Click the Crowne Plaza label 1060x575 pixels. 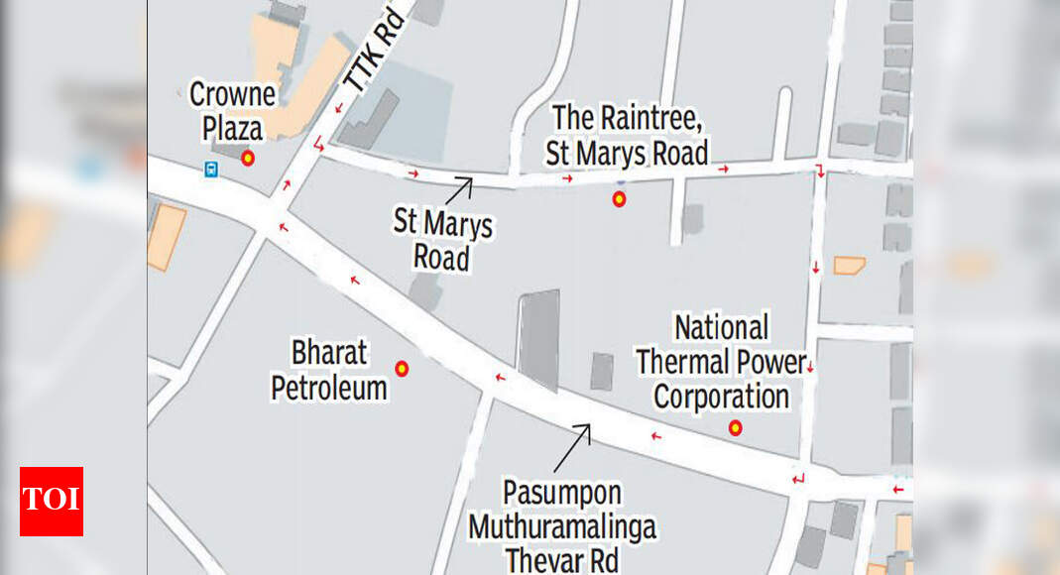point(233,111)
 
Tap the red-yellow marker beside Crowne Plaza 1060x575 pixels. point(248,157)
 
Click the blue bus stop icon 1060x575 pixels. point(211,170)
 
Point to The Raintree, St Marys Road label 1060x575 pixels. point(628,135)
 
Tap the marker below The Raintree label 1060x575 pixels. point(620,199)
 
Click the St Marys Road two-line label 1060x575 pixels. point(442,241)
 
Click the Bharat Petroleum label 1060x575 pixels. point(329,370)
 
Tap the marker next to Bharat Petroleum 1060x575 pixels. point(402,369)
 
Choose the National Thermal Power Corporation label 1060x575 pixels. point(721,362)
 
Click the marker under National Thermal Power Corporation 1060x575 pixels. point(735,428)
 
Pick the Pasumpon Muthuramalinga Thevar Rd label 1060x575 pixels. point(561,525)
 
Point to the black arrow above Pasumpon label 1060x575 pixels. point(573,446)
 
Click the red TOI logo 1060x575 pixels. point(52,501)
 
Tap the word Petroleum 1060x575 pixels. point(329,387)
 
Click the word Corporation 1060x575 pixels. point(721,397)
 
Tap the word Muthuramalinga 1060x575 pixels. point(562,526)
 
